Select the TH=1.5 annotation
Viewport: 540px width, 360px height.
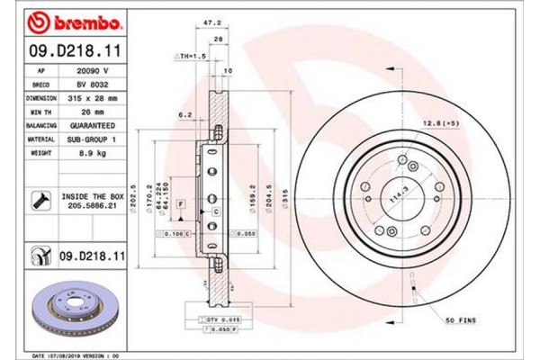[190, 55]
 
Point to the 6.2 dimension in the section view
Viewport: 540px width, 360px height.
[184, 114]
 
